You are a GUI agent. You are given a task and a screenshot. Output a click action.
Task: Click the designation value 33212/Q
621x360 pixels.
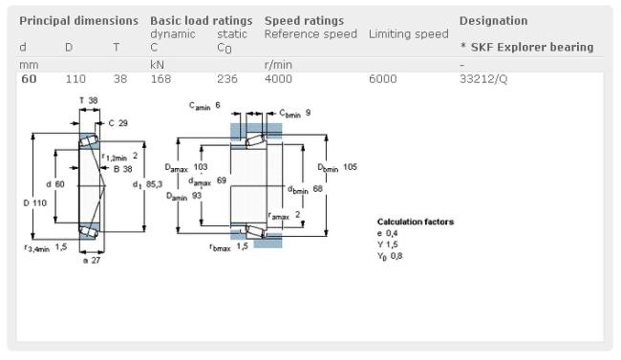pos(483,79)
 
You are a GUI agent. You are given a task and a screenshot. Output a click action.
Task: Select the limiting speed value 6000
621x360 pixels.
pos(382,79)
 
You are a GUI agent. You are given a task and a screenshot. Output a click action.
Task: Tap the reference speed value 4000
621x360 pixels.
pos(278,79)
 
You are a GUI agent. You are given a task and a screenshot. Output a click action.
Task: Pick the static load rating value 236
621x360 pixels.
pos(227,79)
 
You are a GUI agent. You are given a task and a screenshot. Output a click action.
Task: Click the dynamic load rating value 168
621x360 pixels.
pos(161,79)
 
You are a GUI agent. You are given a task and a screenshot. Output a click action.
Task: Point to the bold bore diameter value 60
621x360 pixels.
pos(29,79)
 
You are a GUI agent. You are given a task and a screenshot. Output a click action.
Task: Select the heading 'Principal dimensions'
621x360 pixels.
pos(78,21)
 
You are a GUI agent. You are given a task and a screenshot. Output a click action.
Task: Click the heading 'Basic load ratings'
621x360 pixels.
pos(202,21)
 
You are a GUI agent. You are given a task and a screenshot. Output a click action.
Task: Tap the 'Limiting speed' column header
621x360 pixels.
pos(408,34)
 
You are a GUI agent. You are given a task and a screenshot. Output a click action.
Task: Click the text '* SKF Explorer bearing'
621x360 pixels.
pos(526,47)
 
